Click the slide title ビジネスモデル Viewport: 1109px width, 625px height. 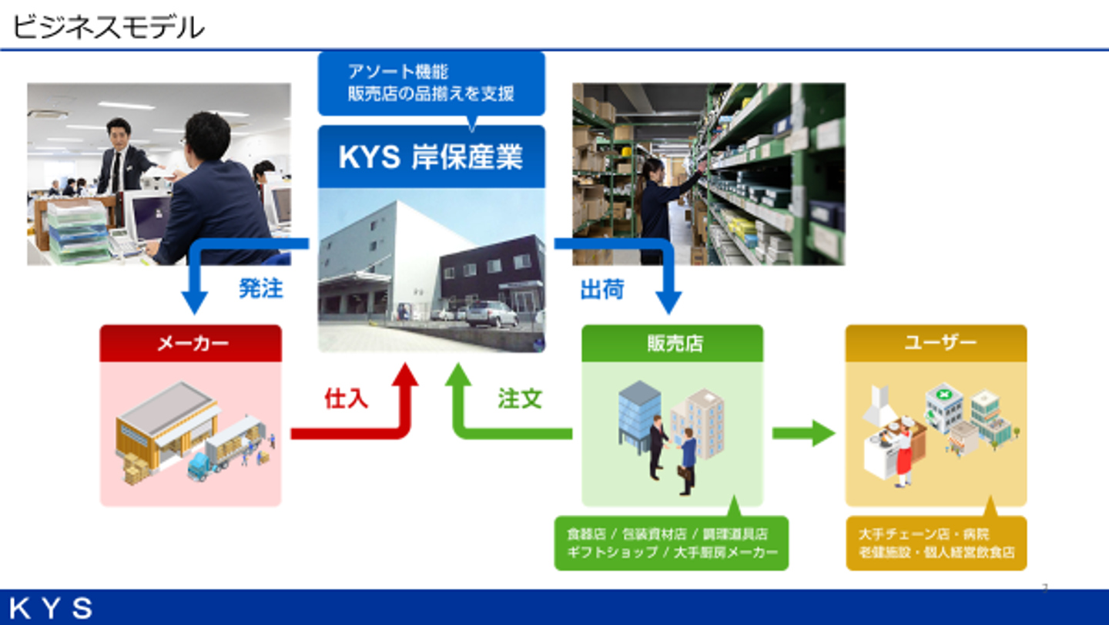click(109, 28)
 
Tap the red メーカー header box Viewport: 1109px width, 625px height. click(191, 343)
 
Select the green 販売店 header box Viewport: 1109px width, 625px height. click(672, 343)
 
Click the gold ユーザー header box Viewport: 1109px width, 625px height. click(936, 343)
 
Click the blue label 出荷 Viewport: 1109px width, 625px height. click(601, 289)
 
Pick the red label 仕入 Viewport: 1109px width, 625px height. click(346, 398)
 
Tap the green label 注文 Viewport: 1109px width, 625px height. click(520, 398)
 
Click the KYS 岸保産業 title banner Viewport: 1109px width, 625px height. click(431, 157)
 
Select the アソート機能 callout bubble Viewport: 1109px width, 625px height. click(431, 83)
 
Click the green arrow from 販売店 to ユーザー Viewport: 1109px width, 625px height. click(803, 433)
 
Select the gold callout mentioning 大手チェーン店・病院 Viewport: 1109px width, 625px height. click(936, 543)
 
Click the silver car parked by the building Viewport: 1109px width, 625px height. click(491, 313)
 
